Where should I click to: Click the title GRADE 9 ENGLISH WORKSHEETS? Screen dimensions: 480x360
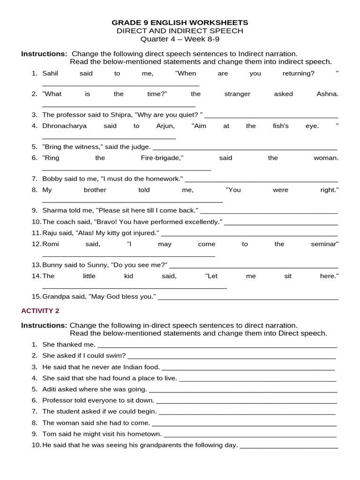pos(180,22)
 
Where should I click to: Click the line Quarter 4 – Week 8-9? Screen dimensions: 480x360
pos(180,39)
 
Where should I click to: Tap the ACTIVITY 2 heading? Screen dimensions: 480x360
pos(40,311)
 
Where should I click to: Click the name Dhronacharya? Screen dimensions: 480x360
pos(62,126)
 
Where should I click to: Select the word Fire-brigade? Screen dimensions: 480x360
pos(161,158)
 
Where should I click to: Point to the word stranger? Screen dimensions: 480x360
pos(237,94)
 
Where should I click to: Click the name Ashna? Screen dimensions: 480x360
pos(327,94)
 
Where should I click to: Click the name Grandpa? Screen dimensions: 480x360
pos(55,297)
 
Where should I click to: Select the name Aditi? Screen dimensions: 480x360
pos(50,389)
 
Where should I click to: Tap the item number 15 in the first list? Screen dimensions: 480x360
pos(37,297)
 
